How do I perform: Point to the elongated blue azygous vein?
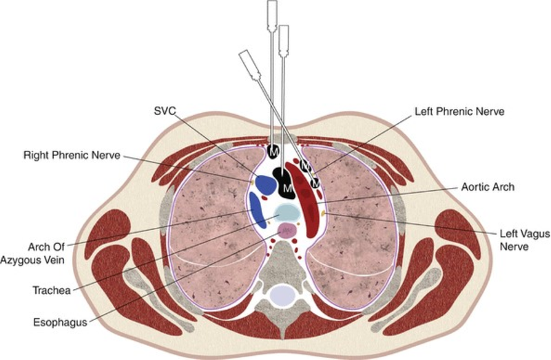click(256, 210)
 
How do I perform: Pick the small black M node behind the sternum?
click(273, 150)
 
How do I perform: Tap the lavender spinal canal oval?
click(284, 295)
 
